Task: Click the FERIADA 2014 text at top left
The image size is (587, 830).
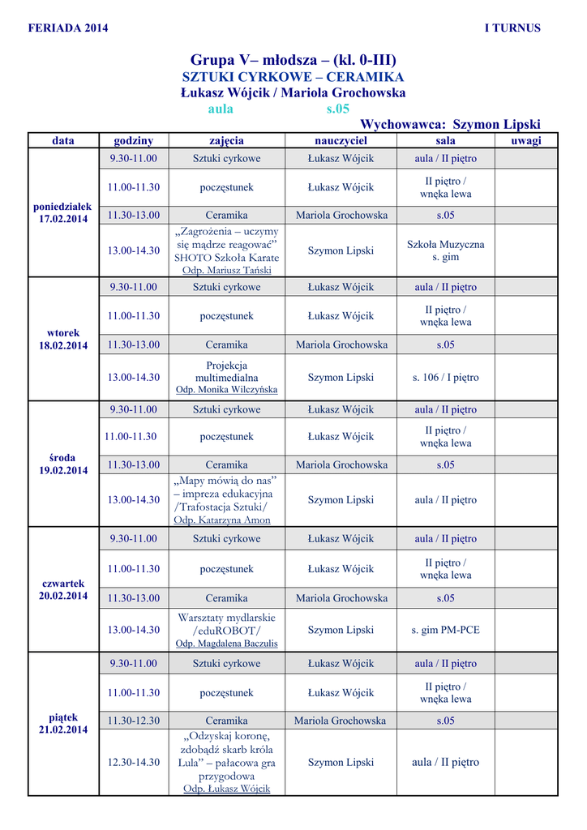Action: click(x=68, y=28)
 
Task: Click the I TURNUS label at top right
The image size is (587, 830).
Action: click(x=512, y=28)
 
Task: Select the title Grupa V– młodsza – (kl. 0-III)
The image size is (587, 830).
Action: click(x=293, y=60)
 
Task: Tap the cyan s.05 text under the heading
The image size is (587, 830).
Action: click(x=337, y=109)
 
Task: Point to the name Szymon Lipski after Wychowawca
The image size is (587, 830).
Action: click(x=496, y=125)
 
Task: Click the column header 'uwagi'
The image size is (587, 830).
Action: click(x=526, y=141)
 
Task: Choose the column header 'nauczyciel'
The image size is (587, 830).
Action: click(x=341, y=141)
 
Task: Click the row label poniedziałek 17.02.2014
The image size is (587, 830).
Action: click(x=63, y=213)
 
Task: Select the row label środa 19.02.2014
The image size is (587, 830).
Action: click(x=63, y=464)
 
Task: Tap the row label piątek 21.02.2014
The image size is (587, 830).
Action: click(x=63, y=723)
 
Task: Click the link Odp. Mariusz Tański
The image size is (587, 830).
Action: click(x=227, y=270)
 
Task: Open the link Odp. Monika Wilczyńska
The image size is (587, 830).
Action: click(x=227, y=389)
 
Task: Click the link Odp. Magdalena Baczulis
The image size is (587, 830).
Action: click(x=227, y=644)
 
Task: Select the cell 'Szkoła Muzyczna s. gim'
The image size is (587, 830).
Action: click(x=445, y=250)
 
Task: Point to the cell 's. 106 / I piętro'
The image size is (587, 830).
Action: click(x=445, y=378)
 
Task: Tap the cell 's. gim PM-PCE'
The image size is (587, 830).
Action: click(x=445, y=630)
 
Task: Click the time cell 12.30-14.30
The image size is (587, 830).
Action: click(x=134, y=763)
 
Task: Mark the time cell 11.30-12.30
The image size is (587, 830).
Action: click(x=134, y=721)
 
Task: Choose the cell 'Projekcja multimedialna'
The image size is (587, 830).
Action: click(x=227, y=371)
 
